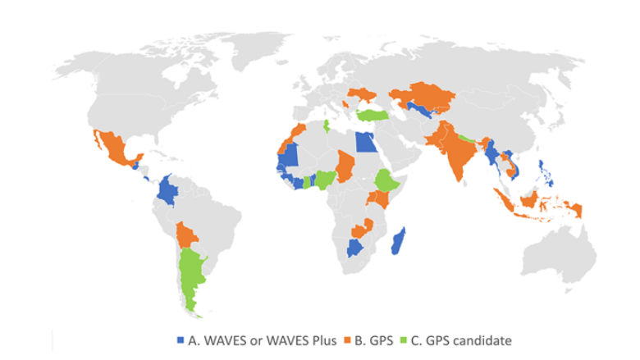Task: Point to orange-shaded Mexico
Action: (x=116, y=152)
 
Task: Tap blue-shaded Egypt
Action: (x=365, y=142)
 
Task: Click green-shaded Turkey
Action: (x=374, y=116)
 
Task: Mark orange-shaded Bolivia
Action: (x=187, y=235)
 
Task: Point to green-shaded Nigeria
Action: (x=327, y=178)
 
